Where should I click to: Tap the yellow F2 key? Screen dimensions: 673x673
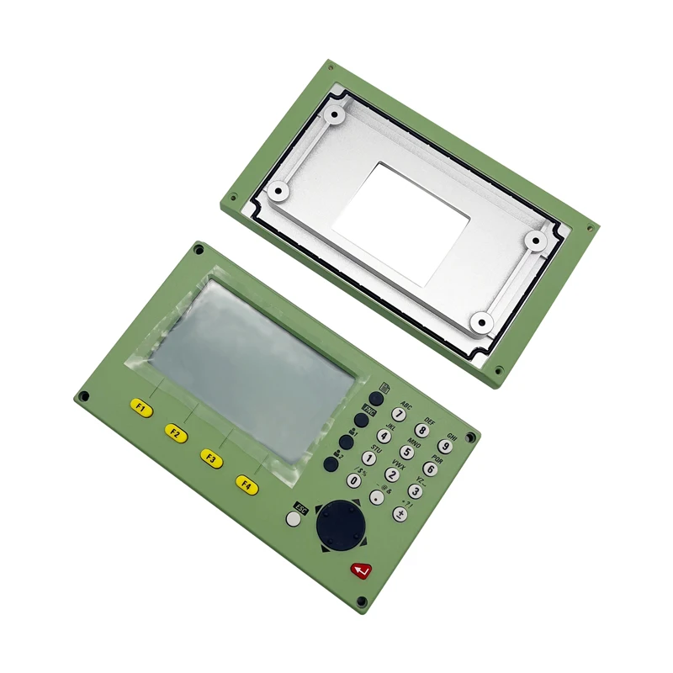(176, 433)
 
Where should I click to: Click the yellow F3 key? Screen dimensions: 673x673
(211, 459)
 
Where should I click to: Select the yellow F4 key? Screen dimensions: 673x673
(246, 485)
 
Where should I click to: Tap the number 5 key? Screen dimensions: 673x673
(406, 453)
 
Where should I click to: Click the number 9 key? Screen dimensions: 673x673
(445, 447)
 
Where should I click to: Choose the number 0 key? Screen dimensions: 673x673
(354, 480)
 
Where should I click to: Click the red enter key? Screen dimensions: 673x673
(361, 572)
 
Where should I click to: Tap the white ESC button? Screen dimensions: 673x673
(293, 519)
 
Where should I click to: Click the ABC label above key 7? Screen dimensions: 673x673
(407, 405)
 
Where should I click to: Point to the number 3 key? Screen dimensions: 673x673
(415, 490)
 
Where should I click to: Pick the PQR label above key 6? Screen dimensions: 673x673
(437, 459)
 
